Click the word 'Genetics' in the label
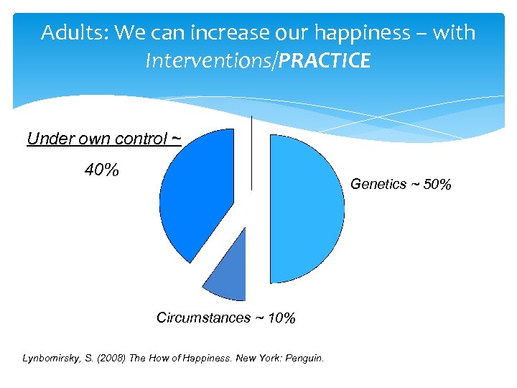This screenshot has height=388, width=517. click(x=378, y=185)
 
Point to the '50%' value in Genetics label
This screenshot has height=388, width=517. click(x=437, y=185)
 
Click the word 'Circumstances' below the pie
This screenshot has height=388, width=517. click(x=203, y=318)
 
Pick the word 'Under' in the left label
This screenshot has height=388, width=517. click(x=45, y=139)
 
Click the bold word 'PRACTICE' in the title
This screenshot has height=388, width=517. click(x=325, y=62)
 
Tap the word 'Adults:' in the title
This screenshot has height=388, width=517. click(x=71, y=33)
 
